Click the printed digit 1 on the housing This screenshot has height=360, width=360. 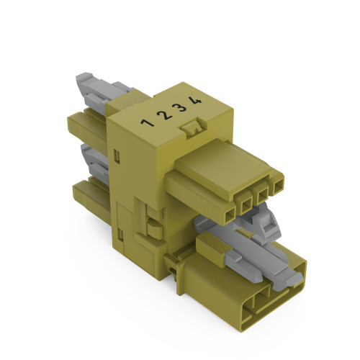click(148, 122)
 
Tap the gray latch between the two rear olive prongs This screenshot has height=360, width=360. click(94, 158)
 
